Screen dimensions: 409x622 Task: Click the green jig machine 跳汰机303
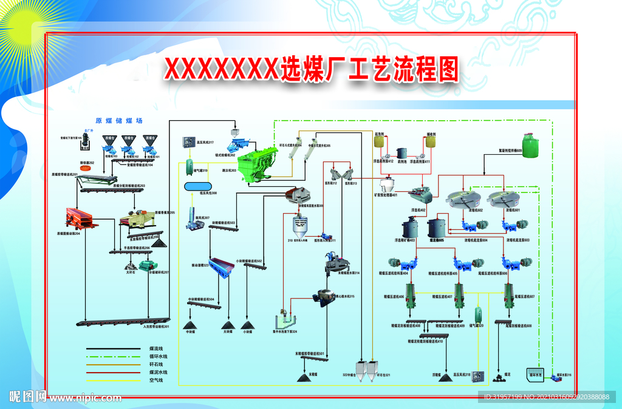256,164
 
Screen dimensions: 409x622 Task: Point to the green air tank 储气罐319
190,164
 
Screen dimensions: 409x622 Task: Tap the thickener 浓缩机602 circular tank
463,198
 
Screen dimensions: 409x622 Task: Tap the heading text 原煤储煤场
118,121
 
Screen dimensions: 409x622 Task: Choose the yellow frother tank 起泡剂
380,142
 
